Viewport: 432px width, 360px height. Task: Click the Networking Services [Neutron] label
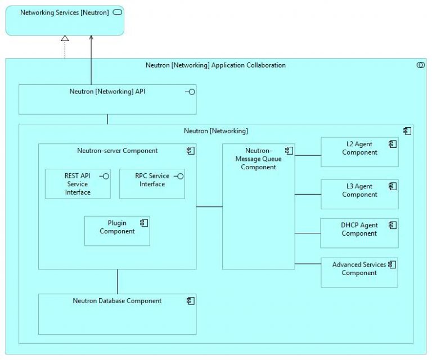[x=64, y=12]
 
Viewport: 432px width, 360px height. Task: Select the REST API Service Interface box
[x=78, y=184]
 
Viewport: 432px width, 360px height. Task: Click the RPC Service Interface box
[x=152, y=184]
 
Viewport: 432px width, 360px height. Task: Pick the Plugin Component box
[x=117, y=231]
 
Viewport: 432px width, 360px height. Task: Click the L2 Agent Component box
[x=359, y=151]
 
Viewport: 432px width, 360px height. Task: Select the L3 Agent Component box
[x=359, y=194]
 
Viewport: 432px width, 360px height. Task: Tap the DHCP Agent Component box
[x=359, y=233]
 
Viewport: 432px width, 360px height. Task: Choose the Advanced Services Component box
[x=359, y=272]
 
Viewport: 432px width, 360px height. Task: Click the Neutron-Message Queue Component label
[x=258, y=159]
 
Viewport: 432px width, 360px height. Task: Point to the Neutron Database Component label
[x=117, y=301]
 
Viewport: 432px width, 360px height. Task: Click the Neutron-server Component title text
[x=117, y=151]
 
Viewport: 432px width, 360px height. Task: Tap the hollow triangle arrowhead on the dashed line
[x=65, y=38]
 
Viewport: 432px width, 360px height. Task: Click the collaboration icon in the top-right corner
[x=420, y=66]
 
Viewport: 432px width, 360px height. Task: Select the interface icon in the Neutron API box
[x=190, y=92]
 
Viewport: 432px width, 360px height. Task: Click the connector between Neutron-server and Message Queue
[x=209, y=207]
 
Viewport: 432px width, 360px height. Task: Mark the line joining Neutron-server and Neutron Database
[x=118, y=281]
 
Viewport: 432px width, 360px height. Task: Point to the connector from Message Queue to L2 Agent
[x=308, y=155]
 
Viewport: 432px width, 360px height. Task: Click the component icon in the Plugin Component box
[x=145, y=223]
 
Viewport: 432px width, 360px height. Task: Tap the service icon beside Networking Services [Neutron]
[x=118, y=12]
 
